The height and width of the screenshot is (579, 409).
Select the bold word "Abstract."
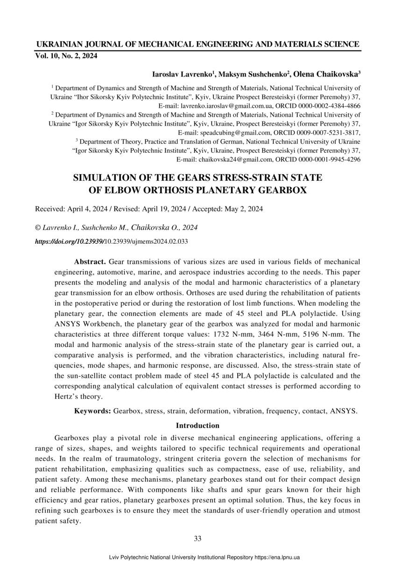point(90,262)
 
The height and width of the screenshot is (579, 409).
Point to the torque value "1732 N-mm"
point(230,334)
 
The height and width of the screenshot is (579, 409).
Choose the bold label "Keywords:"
point(92,411)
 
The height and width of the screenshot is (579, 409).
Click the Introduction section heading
point(197,425)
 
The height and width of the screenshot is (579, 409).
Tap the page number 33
point(197,538)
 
